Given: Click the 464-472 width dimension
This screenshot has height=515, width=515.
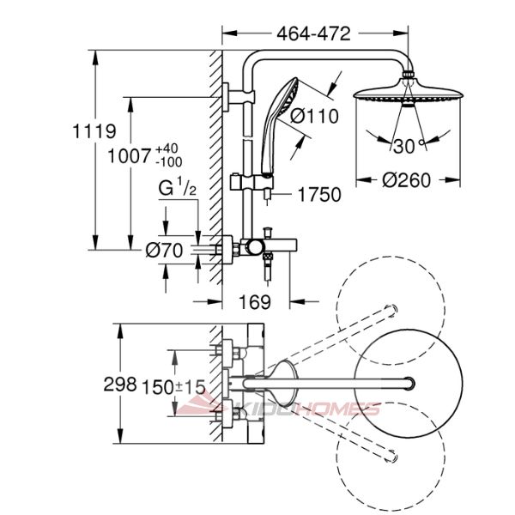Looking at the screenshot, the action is tap(313, 33).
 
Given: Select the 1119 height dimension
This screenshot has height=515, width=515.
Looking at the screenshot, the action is tap(94, 130).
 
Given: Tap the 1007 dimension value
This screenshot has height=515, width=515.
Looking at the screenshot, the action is tap(129, 155).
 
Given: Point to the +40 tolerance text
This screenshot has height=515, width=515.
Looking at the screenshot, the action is tap(167, 148).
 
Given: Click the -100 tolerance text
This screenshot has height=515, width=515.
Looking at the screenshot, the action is tap(169, 162).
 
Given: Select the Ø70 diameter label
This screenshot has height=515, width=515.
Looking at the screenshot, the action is tap(164, 251).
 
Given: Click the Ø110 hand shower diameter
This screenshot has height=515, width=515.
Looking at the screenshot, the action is tap(314, 116).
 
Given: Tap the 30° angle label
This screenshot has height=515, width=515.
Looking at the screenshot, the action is tap(409, 146).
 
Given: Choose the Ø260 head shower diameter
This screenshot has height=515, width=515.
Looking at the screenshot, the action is tap(406, 180).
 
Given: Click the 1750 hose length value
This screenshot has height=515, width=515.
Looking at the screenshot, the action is tap(319, 195).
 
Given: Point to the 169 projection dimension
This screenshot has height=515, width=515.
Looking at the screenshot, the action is tap(255, 302).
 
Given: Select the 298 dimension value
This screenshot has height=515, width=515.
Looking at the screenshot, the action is tap(120, 384).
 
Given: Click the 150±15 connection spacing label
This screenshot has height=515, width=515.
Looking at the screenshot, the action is tap(173, 386).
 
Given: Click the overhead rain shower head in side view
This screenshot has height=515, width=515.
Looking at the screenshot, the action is tap(408, 90).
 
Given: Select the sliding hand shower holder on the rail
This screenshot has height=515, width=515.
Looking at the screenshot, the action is tap(251, 182).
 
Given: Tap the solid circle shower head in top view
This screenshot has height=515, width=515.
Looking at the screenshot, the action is tap(409, 384).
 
